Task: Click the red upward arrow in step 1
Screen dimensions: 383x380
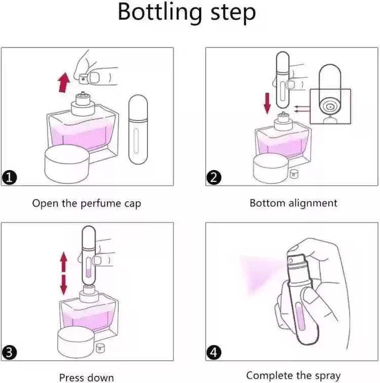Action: pyautogui.click(x=63, y=82)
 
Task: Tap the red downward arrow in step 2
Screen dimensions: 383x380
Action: pyautogui.click(x=268, y=102)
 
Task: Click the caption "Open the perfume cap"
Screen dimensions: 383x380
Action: pyautogui.click(x=87, y=203)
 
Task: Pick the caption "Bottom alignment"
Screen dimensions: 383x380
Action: pyautogui.click(x=293, y=203)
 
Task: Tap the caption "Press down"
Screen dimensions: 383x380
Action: pyautogui.click(x=87, y=377)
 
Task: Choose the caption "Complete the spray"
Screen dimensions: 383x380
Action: pyautogui.click(x=293, y=375)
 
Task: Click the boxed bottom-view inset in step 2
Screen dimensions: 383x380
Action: pyautogui.click(x=330, y=106)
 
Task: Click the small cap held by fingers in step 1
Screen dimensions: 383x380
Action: pyautogui.click(x=83, y=78)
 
